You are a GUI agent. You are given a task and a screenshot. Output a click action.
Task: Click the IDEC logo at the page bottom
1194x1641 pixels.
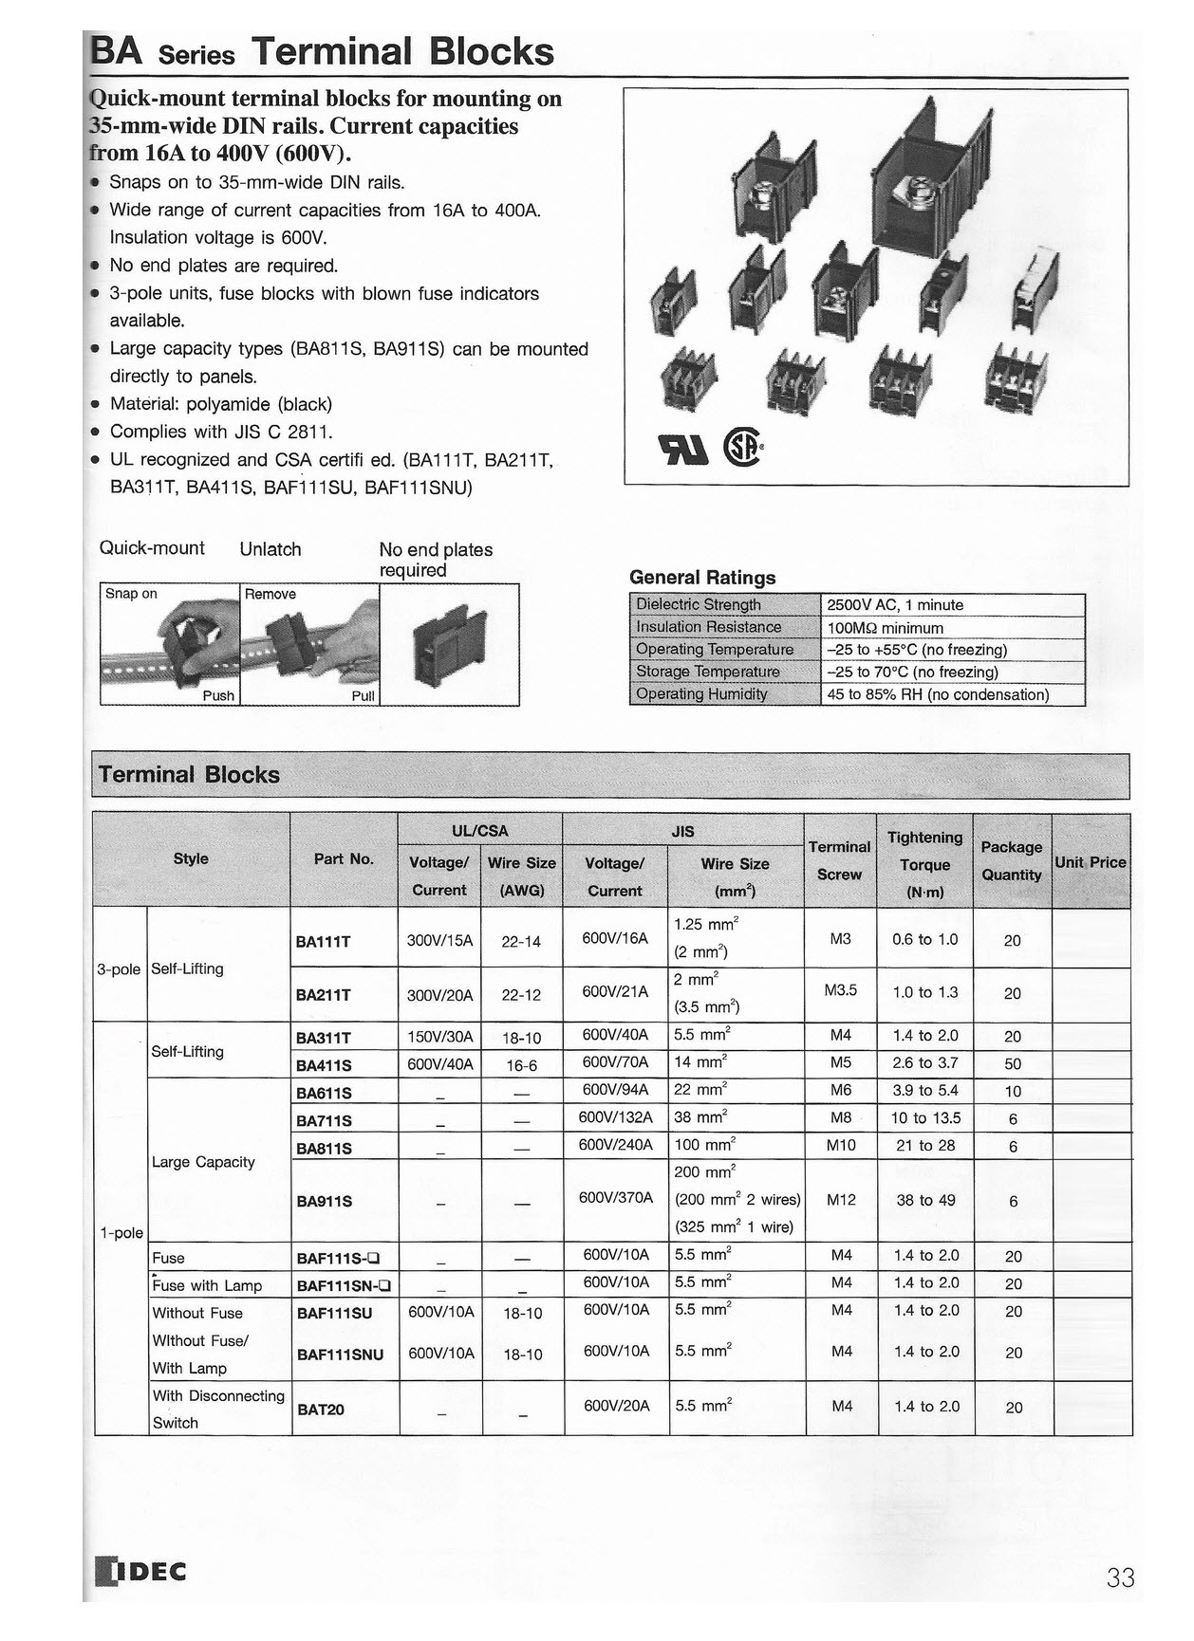pos(142,1571)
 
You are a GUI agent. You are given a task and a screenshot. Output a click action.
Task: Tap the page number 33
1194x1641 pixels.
pos(1120,1577)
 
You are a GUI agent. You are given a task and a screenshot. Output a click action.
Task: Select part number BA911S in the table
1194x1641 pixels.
pos(325,1201)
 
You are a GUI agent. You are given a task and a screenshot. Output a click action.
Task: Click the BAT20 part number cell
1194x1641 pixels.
pos(321,1410)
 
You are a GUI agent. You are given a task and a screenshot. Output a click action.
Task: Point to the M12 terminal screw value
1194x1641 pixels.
pos(841,1200)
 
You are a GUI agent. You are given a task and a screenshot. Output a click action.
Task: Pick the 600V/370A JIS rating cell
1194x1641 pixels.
pos(616,1197)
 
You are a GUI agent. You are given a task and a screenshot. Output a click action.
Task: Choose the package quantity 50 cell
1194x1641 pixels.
pos(1013,1064)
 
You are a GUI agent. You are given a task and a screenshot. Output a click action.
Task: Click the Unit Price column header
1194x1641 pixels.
pos(1091,862)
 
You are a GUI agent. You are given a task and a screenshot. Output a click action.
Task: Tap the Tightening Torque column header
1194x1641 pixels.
pos(924,864)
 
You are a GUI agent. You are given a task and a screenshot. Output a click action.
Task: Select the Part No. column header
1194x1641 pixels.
pos(344,858)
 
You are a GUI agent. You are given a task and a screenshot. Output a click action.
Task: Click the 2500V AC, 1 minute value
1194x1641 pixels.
pos(895,605)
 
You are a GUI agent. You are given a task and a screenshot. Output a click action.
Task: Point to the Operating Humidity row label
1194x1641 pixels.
pos(701,693)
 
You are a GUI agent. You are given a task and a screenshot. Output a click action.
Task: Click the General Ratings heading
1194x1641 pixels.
pos(702,578)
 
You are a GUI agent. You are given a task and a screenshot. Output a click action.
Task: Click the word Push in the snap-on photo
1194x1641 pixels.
pos(218,695)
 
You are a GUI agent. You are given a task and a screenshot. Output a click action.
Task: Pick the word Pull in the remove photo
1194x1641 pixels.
pos(363,696)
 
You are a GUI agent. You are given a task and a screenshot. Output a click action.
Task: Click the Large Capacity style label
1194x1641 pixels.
pos(203,1162)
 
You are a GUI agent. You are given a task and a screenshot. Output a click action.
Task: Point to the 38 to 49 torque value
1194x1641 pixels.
pos(925,1200)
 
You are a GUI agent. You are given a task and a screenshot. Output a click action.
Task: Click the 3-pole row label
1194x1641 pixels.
pos(119,969)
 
